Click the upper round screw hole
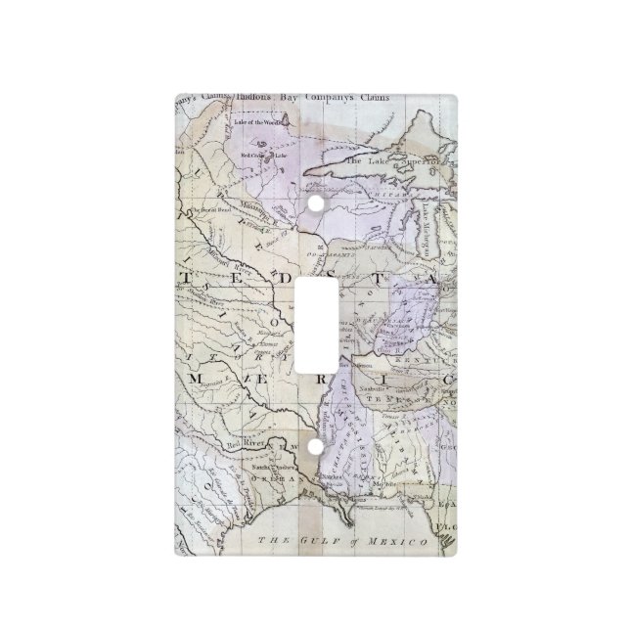[x=315, y=203]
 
